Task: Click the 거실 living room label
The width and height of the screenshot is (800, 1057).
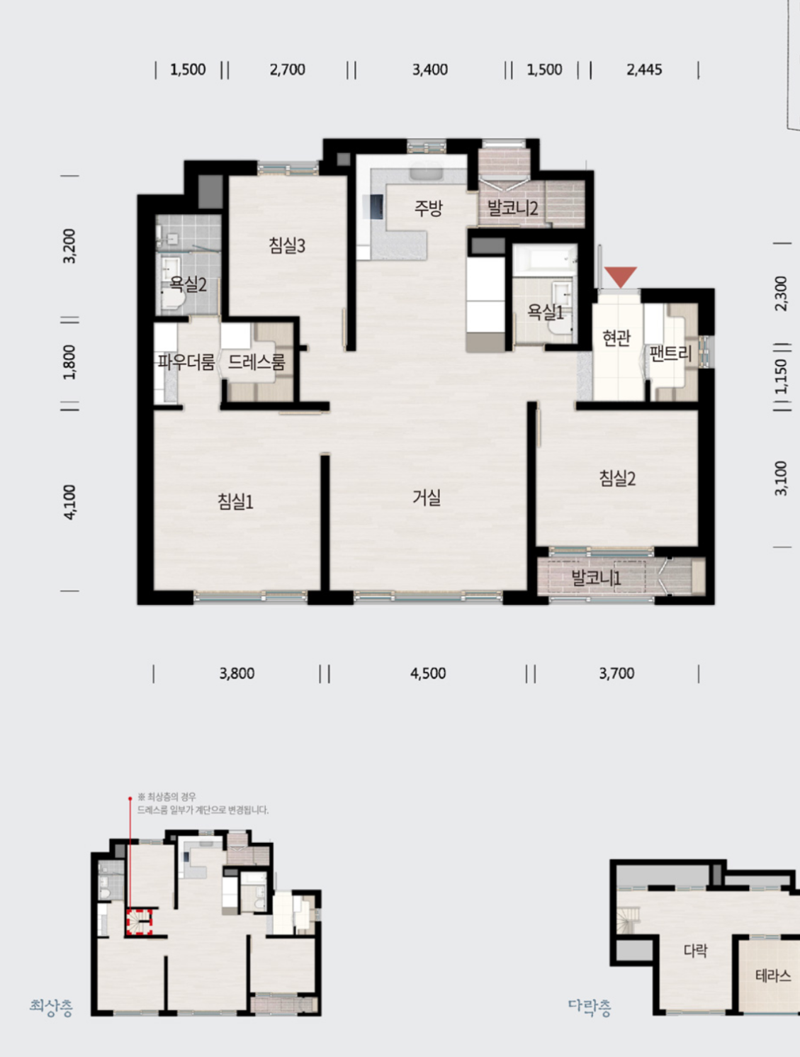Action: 427,498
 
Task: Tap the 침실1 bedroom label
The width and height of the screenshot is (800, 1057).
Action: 235,502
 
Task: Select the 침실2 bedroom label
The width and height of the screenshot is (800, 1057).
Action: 617,479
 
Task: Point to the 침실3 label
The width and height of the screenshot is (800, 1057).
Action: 287,245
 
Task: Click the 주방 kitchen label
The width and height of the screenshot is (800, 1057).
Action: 429,208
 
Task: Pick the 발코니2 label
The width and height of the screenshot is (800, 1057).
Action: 512,208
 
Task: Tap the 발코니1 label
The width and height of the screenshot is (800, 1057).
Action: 596,577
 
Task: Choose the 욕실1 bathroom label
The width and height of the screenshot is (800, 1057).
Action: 546,312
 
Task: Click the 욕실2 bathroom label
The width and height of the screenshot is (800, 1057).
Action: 188,284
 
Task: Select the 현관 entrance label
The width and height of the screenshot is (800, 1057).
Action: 616,337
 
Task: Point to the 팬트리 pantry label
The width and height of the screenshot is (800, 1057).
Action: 670,354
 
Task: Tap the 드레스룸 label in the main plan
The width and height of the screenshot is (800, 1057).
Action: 257,362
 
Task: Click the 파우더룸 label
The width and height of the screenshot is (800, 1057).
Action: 186,362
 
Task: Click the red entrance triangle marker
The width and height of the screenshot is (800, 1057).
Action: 621,276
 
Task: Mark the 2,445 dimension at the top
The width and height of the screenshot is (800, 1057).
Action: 644,69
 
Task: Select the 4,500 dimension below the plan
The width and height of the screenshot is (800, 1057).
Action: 428,673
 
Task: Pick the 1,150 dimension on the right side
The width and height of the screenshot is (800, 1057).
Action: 782,376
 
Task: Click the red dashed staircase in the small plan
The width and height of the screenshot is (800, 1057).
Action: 139,922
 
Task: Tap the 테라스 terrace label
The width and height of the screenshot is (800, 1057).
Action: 773,975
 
